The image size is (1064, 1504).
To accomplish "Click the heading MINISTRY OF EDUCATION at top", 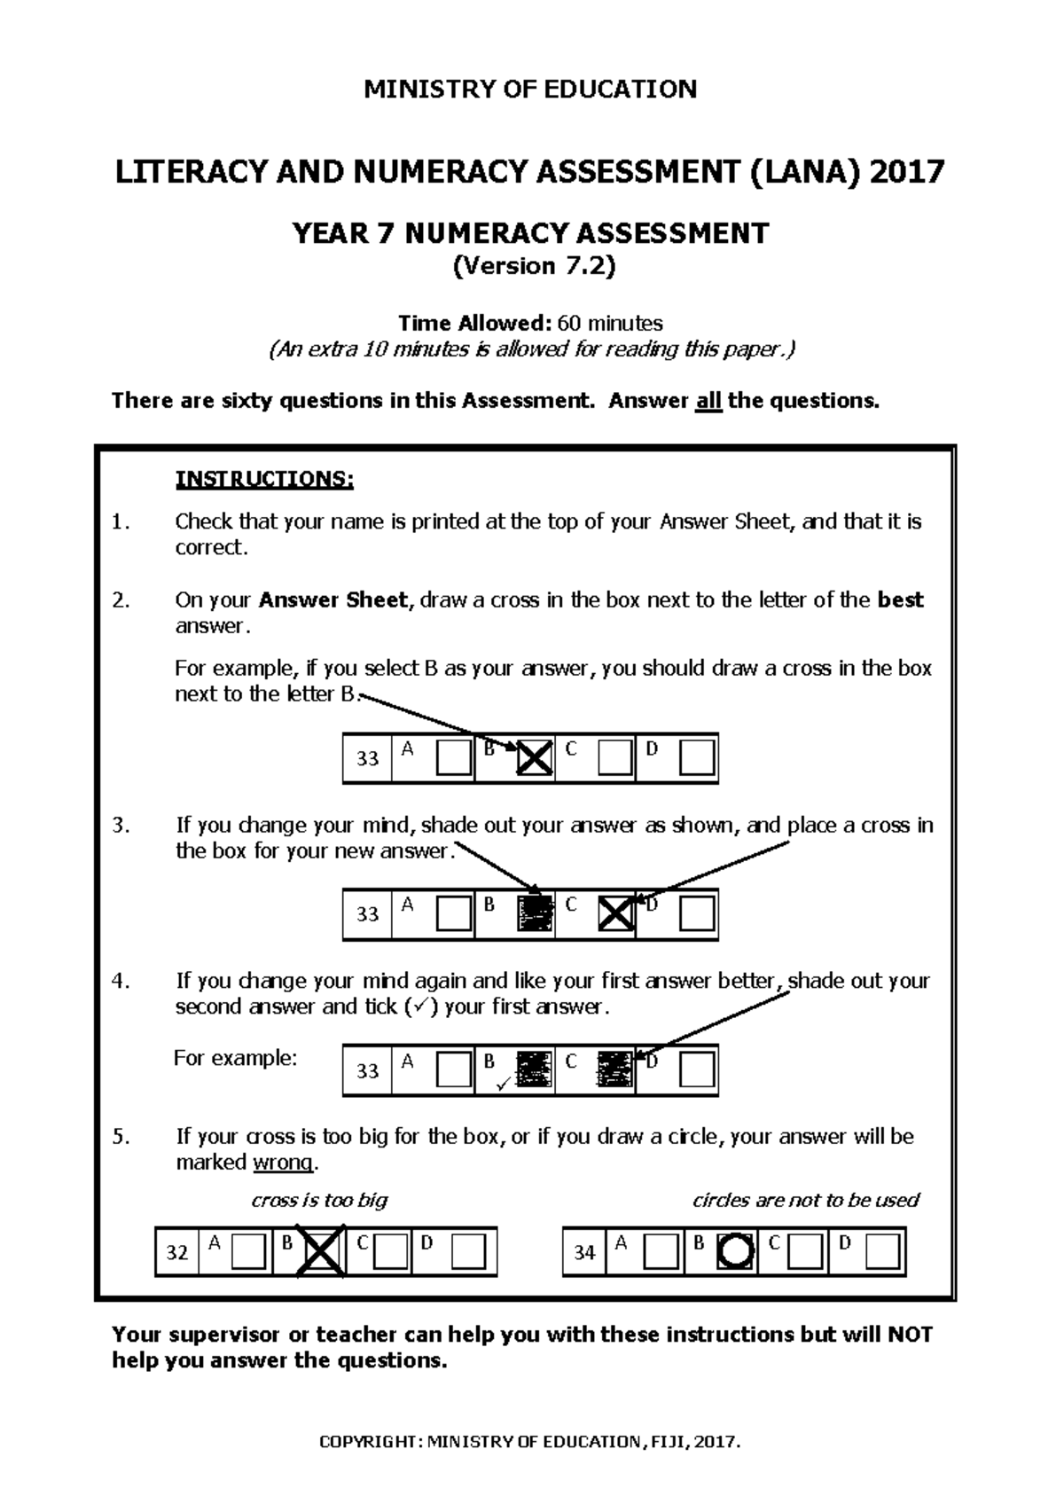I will click(530, 89).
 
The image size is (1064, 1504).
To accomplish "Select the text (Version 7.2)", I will click(533, 266).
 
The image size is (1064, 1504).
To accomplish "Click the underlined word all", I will click(708, 401).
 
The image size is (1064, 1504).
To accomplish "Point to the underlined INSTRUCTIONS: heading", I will click(264, 480).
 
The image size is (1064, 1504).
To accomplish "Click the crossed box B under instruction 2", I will click(535, 759).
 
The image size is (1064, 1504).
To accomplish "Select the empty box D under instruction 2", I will click(697, 759).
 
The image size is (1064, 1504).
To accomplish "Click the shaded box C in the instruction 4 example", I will click(614, 1069).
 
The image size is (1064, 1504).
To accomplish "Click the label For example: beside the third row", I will click(235, 1058).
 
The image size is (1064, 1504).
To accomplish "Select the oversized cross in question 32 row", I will click(323, 1252).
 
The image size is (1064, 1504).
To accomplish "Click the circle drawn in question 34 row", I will click(735, 1252).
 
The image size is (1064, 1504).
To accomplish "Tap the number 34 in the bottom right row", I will click(583, 1252).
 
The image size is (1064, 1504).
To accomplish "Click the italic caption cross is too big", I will click(319, 1201).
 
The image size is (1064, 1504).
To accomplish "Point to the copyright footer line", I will click(529, 1442).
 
